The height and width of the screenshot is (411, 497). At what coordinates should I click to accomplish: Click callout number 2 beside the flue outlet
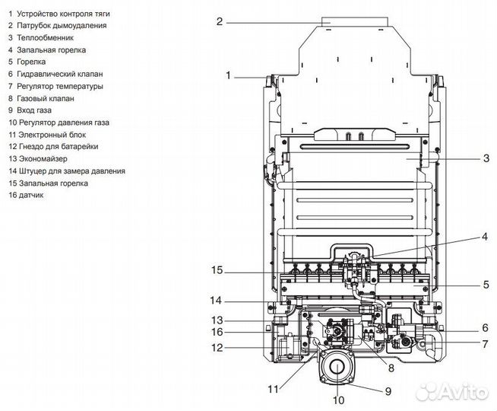tap(220, 21)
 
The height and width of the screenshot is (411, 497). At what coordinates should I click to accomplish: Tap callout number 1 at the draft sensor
tap(228, 75)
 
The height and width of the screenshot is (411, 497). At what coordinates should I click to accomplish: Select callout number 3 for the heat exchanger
tap(486, 158)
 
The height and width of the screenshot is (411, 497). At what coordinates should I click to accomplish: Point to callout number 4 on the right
tap(485, 237)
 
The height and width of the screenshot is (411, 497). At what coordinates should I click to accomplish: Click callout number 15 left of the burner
tap(217, 270)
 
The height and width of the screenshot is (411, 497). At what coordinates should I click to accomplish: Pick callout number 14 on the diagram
tap(216, 300)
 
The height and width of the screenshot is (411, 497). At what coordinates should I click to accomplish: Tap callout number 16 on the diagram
tap(217, 332)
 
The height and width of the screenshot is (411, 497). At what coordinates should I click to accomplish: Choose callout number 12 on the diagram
tap(217, 348)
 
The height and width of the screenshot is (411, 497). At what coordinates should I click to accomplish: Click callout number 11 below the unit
tap(274, 389)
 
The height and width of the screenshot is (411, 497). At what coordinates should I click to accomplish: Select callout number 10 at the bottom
tap(338, 400)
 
